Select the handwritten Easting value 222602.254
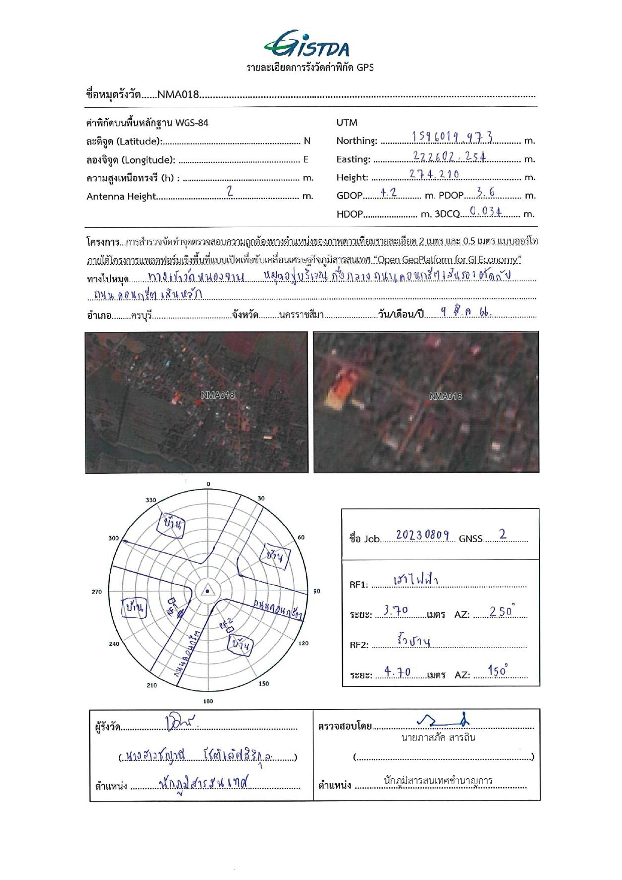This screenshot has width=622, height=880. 449,156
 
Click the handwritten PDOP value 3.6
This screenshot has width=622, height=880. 485,192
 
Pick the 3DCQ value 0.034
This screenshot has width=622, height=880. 486,212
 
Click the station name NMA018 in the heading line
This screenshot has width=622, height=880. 178,94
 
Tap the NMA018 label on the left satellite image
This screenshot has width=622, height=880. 218,395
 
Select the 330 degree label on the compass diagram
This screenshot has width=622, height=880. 151,500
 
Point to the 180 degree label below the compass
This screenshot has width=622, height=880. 208,701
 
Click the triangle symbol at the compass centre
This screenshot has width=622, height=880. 207,591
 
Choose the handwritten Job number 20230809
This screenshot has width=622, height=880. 422,535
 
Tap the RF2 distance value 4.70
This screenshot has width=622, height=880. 397,672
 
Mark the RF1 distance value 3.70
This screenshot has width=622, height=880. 396,611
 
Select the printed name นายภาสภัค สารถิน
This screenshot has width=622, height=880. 438,738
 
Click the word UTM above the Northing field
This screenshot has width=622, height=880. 347,122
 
